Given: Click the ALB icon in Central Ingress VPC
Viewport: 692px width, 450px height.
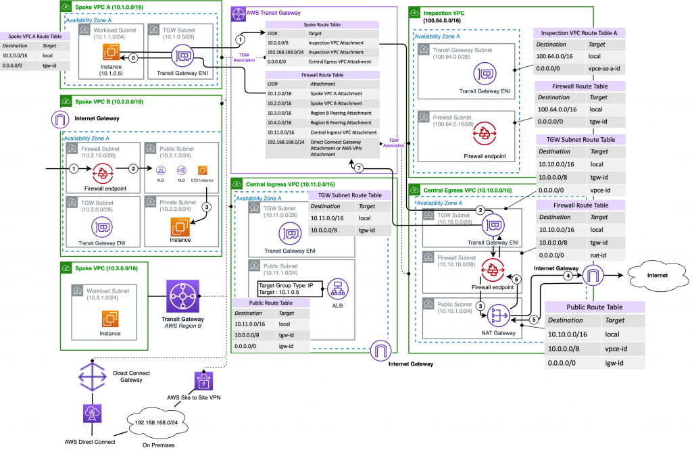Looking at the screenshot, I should (x=337, y=289).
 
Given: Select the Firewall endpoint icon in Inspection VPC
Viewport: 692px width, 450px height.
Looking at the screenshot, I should (x=484, y=135).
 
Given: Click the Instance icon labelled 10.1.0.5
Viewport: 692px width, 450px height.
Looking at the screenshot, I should (x=111, y=58).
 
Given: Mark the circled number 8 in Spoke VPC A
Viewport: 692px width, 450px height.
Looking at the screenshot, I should (x=133, y=58).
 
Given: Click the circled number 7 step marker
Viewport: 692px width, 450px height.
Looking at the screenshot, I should (x=360, y=167).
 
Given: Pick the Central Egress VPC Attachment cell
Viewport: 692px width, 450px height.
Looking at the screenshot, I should (x=341, y=61).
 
